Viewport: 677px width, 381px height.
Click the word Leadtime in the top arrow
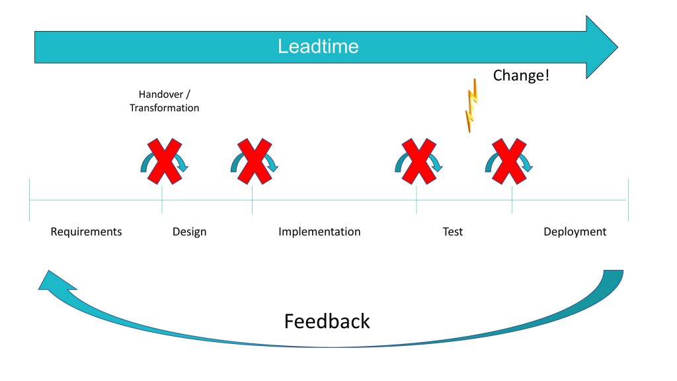pyautogui.click(x=318, y=46)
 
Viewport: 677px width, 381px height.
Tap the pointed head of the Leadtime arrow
pyautogui.click(x=617, y=47)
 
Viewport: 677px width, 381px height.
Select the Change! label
pyautogui.click(x=521, y=75)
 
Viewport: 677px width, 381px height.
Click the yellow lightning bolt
pyautogui.click(x=471, y=105)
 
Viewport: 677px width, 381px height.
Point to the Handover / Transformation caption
pyautogui.click(x=165, y=101)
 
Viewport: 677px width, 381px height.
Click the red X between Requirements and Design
pyautogui.click(x=165, y=161)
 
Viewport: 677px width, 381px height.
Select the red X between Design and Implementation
pyautogui.click(x=255, y=161)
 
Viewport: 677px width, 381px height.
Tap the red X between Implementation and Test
pyautogui.click(x=418, y=161)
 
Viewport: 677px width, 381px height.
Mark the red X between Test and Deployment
pyautogui.click(x=510, y=161)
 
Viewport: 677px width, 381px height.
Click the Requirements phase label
pyautogui.click(x=87, y=232)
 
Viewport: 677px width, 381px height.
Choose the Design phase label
pyautogui.click(x=190, y=232)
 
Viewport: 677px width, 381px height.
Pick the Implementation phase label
pyautogui.click(x=319, y=232)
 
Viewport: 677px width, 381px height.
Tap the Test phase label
pyautogui.click(x=452, y=232)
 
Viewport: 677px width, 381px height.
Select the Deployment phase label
pyautogui.click(x=575, y=232)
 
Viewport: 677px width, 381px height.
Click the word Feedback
pyautogui.click(x=327, y=321)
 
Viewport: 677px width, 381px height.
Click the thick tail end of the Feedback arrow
pyautogui.click(x=613, y=271)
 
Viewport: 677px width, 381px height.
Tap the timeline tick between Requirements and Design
pyautogui.click(x=162, y=200)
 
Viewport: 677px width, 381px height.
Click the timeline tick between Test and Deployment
pyautogui.click(x=512, y=200)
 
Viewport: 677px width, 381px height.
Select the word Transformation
pyautogui.click(x=165, y=108)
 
